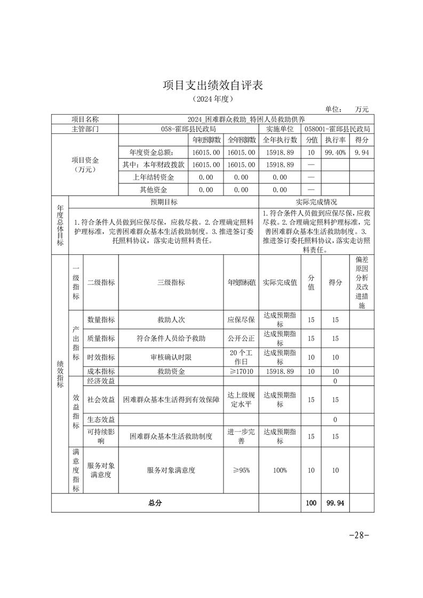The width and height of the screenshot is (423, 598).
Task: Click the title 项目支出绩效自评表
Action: click(213, 85)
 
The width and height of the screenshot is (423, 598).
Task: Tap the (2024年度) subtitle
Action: click(213, 99)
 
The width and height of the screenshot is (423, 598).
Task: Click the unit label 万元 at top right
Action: click(361, 109)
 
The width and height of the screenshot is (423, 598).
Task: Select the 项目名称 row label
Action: click(85, 119)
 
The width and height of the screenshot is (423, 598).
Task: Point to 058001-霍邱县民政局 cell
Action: click(338, 129)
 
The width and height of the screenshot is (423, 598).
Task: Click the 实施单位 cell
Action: click(280, 129)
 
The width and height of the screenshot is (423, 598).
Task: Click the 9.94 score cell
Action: click(361, 152)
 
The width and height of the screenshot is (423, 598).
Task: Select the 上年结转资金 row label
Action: click(154, 177)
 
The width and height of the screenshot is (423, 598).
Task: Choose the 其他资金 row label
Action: click(154, 190)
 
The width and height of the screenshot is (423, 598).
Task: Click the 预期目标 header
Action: click(164, 203)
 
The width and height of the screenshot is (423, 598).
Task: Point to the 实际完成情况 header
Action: click(316, 203)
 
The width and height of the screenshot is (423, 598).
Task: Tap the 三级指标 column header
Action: click(171, 282)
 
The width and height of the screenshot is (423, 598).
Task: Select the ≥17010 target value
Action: click(241, 371)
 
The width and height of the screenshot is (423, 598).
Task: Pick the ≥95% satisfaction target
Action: click(241, 471)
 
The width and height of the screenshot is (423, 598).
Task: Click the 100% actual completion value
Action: click(280, 471)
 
